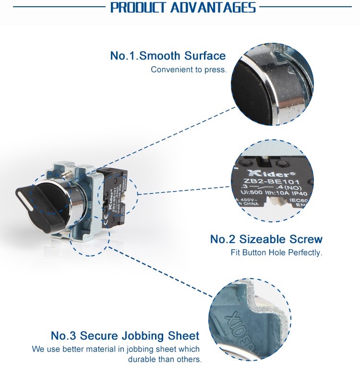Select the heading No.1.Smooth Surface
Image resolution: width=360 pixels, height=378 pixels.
[168, 56]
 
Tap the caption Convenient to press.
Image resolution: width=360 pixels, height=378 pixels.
[188, 70]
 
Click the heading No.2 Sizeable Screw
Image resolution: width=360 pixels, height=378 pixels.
[266, 239]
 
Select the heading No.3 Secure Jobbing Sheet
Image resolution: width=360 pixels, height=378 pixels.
[125, 335]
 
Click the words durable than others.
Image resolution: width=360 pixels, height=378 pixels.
[165, 359]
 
